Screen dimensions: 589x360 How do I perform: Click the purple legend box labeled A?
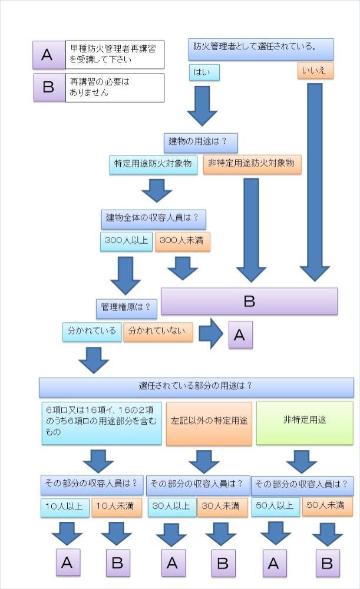[x=49, y=55]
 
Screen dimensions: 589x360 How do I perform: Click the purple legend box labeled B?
[x=49, y=88]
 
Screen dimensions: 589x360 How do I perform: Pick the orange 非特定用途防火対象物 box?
[x=252, y=165]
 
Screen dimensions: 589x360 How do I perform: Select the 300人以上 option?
[x=126, y=241]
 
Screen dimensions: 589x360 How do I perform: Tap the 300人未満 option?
[x=182, y=241]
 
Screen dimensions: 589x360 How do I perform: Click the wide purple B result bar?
[x=249, y=301]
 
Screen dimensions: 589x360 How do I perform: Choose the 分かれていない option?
[x=158, y=332]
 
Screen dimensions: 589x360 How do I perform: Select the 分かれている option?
[x=92, y=332]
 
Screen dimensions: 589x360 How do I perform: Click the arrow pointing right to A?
[x=210, y=335]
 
